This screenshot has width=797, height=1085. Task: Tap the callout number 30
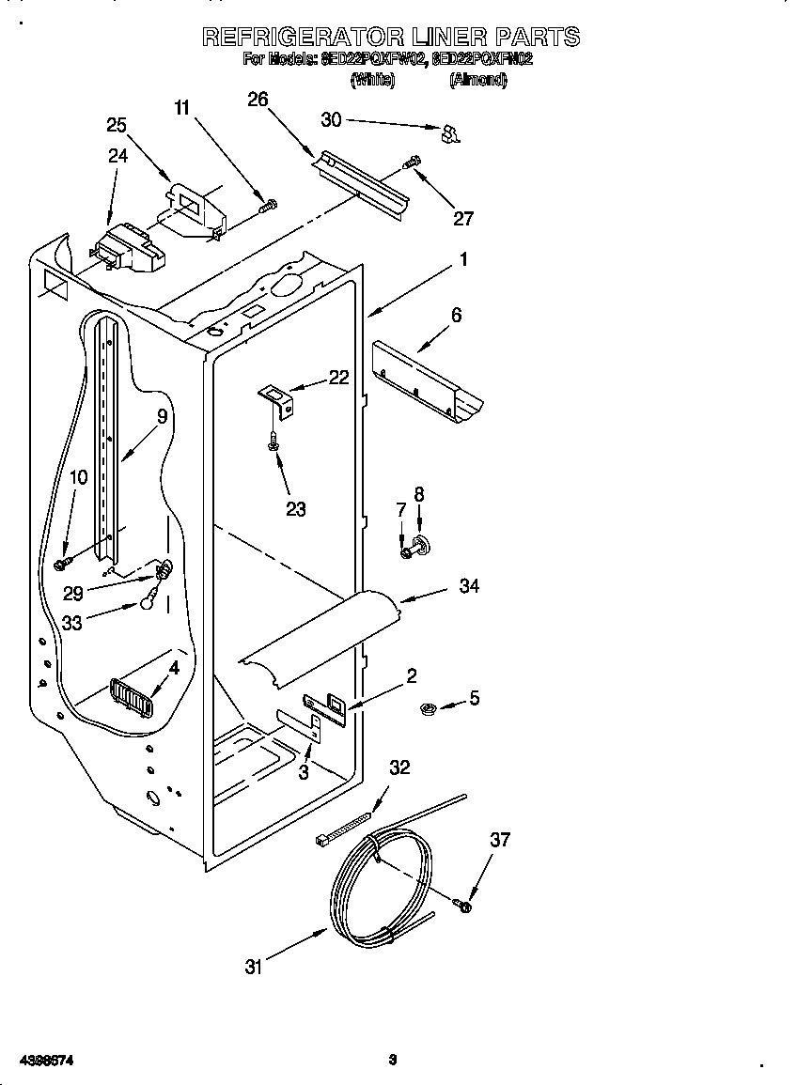(x=331, y=119)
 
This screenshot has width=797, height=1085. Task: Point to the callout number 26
(x=258, y=100)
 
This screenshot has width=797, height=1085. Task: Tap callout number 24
(x=117, y=156)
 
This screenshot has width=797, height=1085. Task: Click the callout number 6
(x=456, y=316)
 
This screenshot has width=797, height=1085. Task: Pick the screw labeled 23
(x=273, y=441)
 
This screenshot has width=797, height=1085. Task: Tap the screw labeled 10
(x=63, y=562)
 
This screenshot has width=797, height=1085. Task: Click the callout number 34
(x=469, y=585)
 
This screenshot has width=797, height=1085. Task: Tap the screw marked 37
(x=463, y=905)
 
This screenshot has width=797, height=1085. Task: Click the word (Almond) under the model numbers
(x=478, y=81)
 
